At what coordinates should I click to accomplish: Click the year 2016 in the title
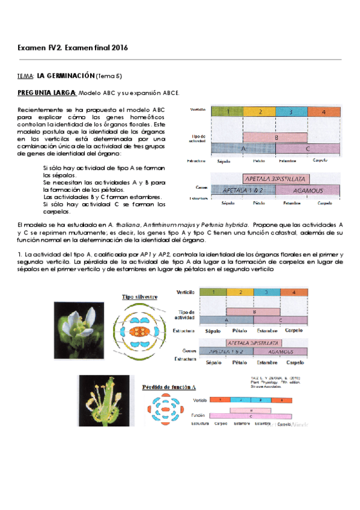click(x=119, y=48)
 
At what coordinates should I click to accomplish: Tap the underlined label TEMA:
click(x=26, y=76)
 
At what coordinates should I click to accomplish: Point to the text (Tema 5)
click(x=112, y=76)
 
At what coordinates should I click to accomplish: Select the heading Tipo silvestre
click(x=139, y=297)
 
